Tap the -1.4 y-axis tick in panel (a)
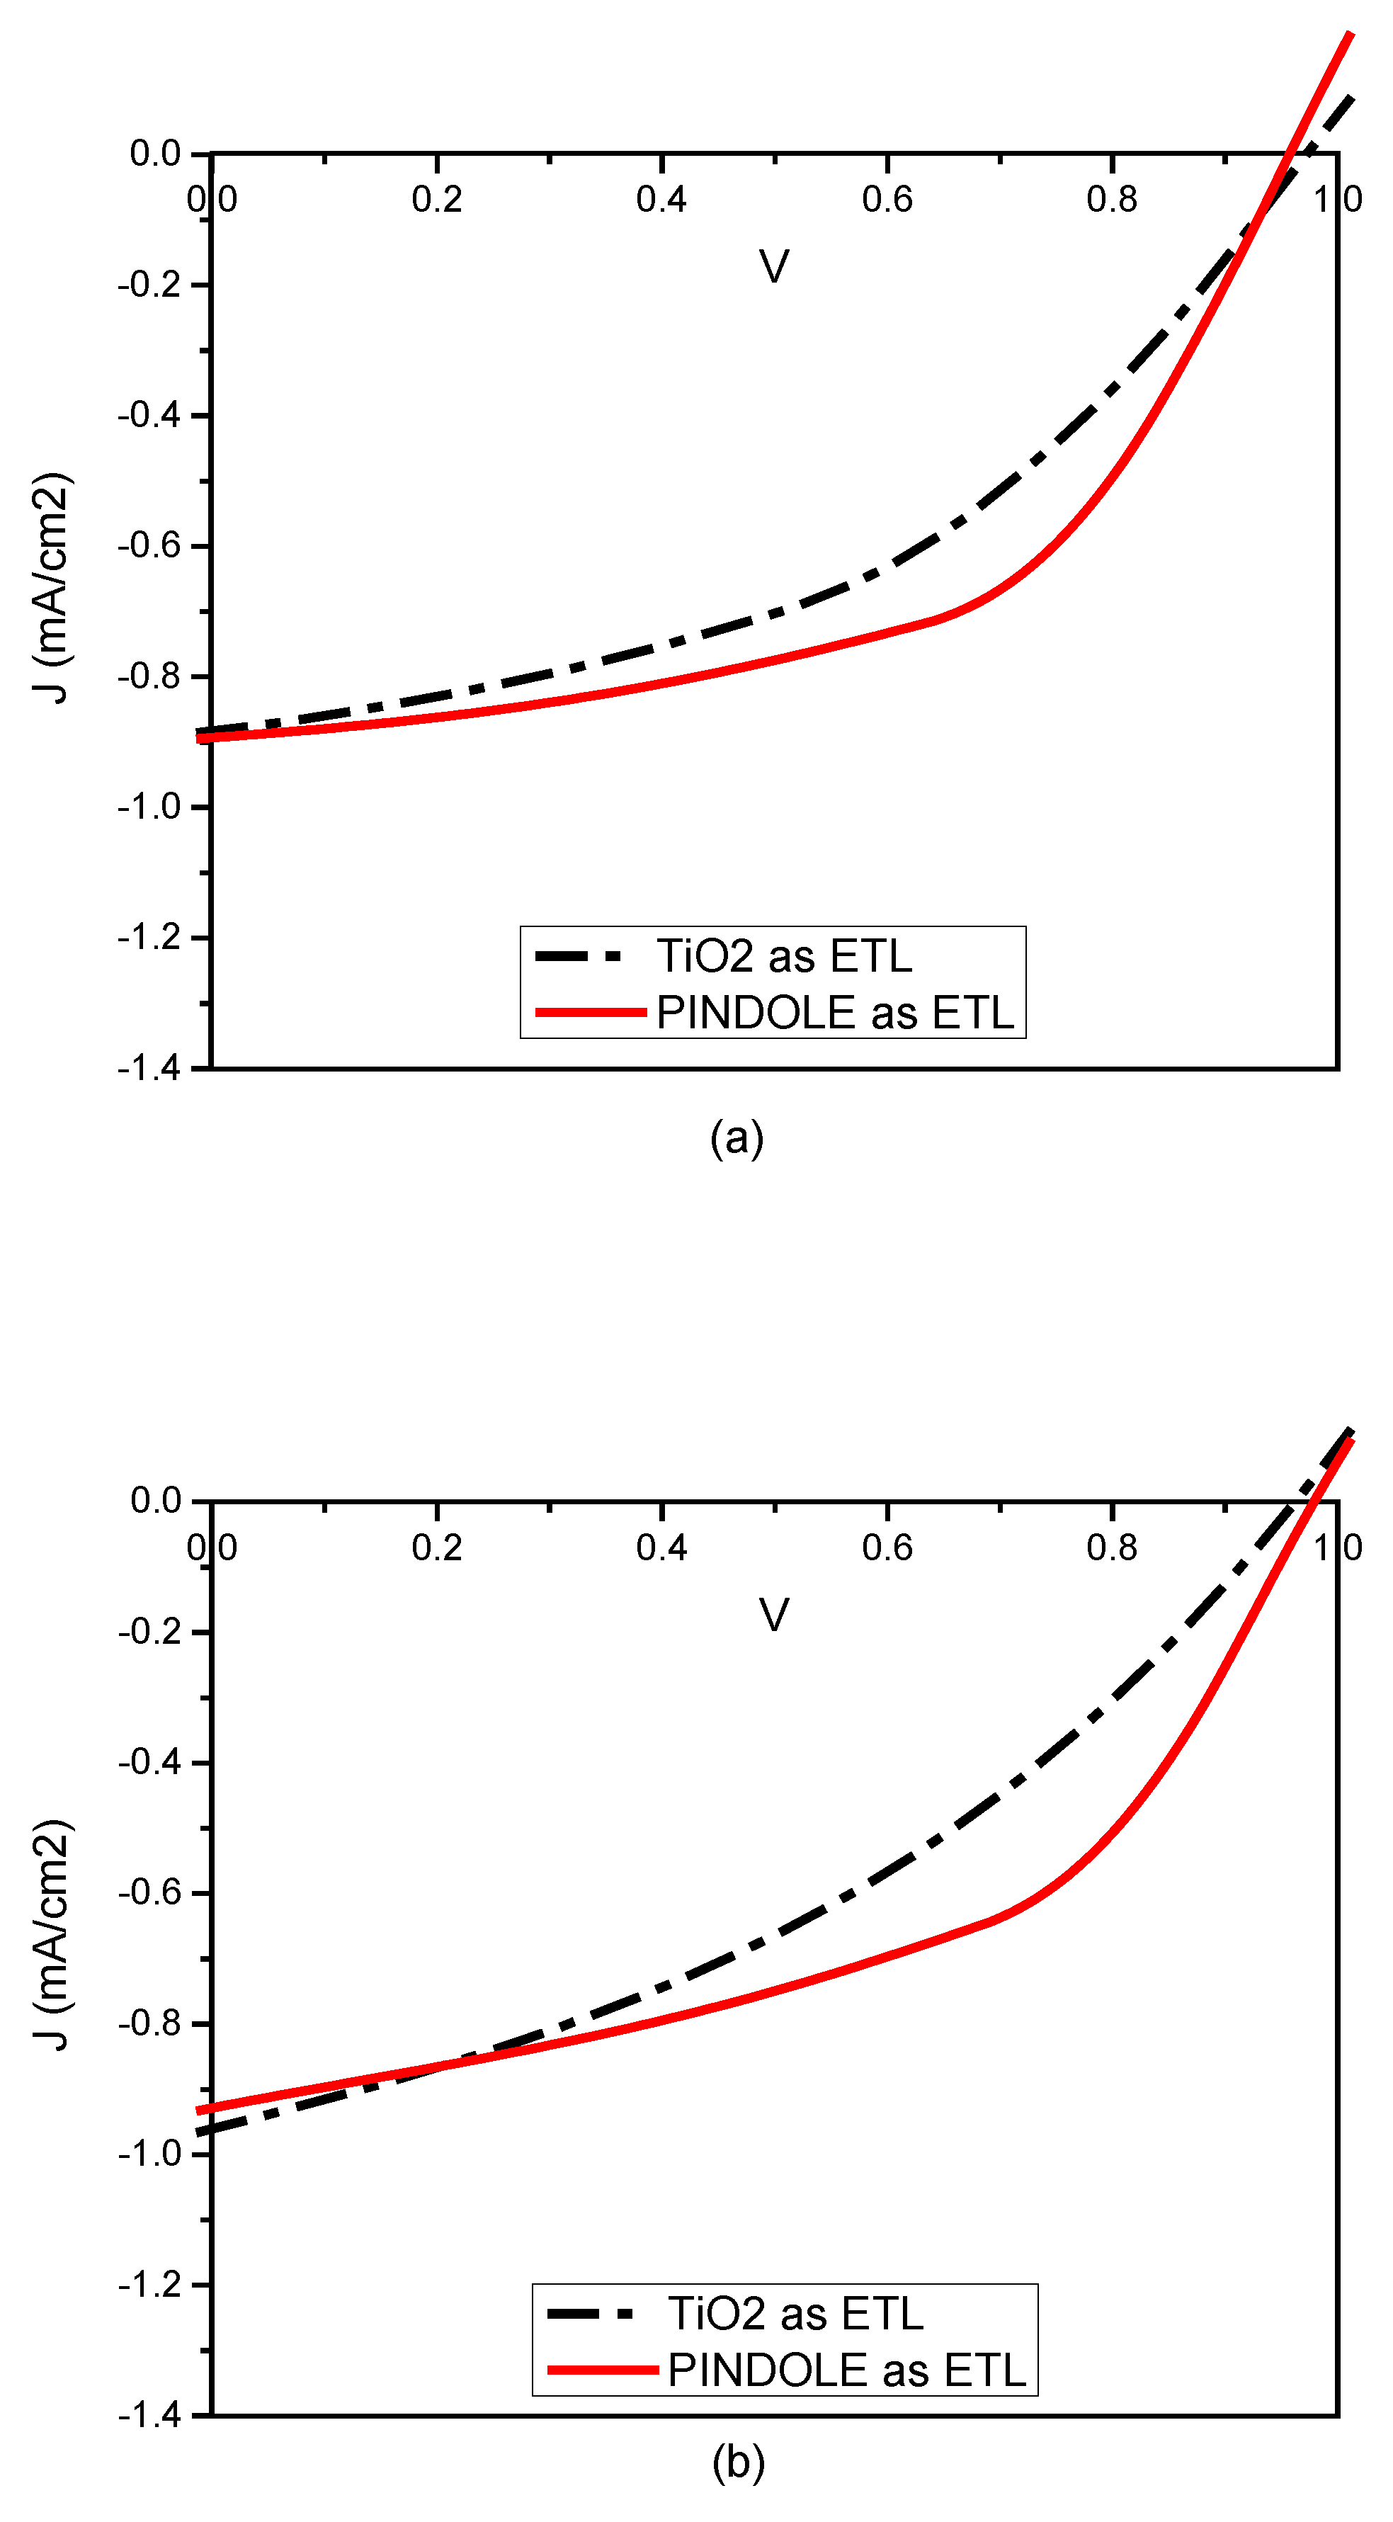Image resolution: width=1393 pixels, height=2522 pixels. (x=149, y=1068)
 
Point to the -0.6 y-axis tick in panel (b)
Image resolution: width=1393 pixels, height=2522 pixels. (x=149, y=1892)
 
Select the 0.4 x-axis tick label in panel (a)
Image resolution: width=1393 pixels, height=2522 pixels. (x=661, y=200)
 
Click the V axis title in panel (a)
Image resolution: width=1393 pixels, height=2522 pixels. (x=774, y=266)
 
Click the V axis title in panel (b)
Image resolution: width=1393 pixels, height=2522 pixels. (x=774, y=1615)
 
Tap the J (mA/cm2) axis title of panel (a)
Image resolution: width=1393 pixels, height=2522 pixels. (x=51, y=589)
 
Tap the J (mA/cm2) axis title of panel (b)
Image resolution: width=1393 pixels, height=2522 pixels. (x=51, y=1936)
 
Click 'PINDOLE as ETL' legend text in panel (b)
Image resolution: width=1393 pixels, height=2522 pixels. (x=847, y=2371)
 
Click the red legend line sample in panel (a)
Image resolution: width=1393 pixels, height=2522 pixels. (x=591, y=1012)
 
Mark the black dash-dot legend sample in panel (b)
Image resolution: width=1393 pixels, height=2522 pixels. (x=591, y=2314)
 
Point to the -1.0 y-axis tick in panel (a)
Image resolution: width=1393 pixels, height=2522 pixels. (x=149, y=807)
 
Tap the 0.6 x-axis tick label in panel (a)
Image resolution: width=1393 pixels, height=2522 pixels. (x=887, y=200)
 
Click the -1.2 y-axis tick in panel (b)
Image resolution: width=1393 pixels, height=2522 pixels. (x=149, y=2285)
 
